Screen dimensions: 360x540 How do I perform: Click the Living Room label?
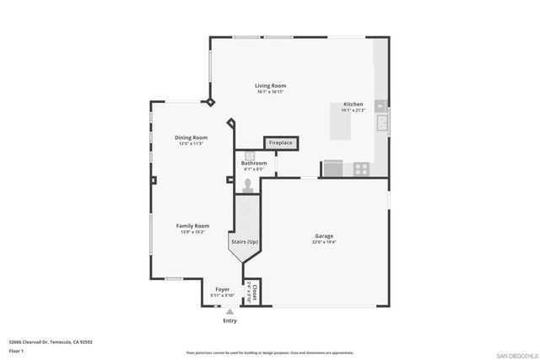click(271, 85)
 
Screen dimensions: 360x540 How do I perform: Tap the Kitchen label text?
click(353, 104)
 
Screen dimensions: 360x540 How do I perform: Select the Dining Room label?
click(191, 137)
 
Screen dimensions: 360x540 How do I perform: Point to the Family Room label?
click(192, 225)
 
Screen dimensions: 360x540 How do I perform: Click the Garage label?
click(325, 236)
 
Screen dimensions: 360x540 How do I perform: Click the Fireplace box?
click(281, 142)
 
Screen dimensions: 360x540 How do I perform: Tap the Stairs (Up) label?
click(244, 242)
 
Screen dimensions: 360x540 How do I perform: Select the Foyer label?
click(223, 289)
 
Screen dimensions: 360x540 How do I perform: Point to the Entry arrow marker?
click(229, 311)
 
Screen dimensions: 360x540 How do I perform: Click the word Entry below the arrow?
click(229, 320)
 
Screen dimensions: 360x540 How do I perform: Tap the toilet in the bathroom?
click(249, 184)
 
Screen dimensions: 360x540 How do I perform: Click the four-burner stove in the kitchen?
click(361, 169)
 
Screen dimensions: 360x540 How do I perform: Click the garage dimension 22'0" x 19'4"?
click(325, 243)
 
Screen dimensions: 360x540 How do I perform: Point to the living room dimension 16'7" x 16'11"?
click(271, 92)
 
